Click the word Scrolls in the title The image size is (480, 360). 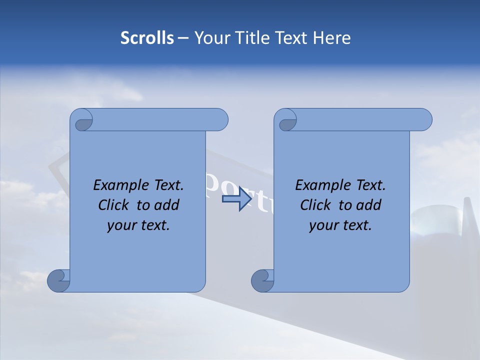click(x=147, y=38)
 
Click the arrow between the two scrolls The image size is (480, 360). click(x=236, y=199)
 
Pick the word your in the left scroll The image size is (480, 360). click(x=120, y=225)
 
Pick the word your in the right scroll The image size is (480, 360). click(x=322, y=225)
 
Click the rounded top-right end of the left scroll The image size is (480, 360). click(x=220, y=120)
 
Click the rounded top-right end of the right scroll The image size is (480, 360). click(x=424, y=120)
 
